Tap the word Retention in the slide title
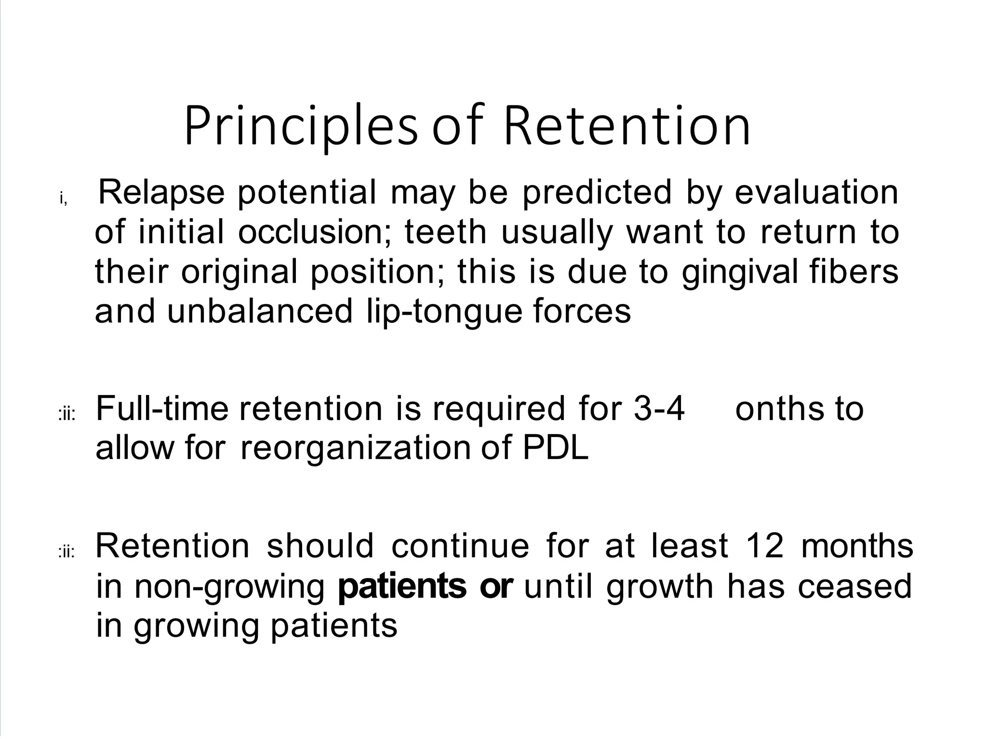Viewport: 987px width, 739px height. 627,127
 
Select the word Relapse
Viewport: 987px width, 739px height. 161,192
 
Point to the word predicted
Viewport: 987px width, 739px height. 597,192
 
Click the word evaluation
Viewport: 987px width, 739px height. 816,192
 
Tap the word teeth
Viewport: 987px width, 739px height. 445,232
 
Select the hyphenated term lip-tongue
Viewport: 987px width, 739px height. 443,312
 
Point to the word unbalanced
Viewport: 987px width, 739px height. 260,312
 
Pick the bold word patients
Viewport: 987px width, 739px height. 402,586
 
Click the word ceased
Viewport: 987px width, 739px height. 854,586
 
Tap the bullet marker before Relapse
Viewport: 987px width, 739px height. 63,198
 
